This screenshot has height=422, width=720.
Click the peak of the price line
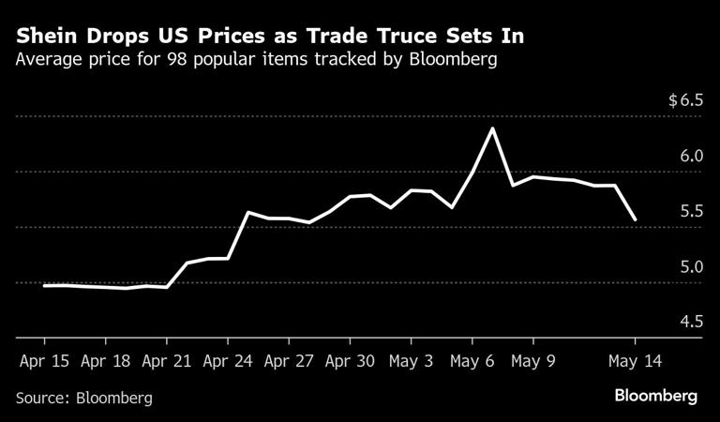(x=492, y=128)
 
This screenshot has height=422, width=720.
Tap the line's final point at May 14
(x=636, y=219)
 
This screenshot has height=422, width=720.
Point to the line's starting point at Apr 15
(x=44, y=285)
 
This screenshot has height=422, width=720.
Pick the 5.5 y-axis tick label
(x=691, y=211)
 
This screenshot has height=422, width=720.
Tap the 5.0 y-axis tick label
(x=691, y=266)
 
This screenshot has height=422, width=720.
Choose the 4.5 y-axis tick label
(x=691, y=322)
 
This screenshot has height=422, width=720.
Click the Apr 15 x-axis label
(x=44, y=359)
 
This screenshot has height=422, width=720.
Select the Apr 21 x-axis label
(x=167, y=359)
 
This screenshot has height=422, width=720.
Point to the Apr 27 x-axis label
(x=289, y=359)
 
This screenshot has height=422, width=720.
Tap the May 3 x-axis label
(x=411, y=359)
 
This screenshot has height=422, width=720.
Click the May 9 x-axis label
(x=532, y=359)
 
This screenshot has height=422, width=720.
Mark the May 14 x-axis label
(x=636, y=359)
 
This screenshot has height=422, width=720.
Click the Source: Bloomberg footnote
(x=84, y=398)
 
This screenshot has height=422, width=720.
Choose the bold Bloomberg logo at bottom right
(x=655, y=397)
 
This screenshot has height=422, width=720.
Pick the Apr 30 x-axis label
(x=350, y=359)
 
